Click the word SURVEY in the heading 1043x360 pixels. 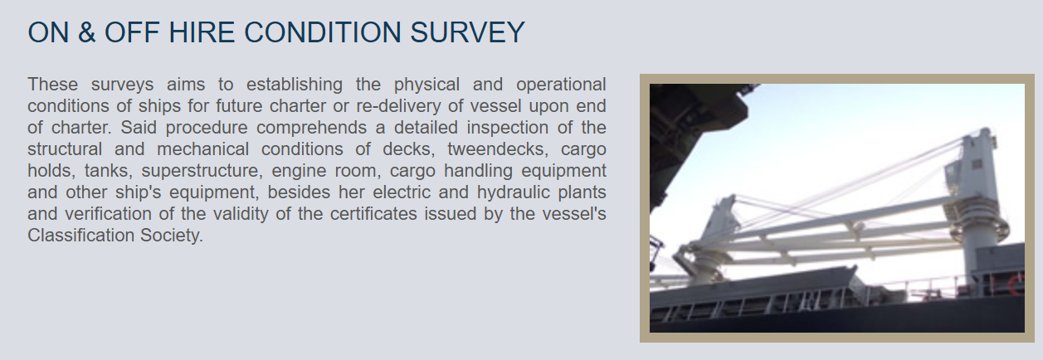(x=467, y=32)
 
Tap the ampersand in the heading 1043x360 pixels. (x=86, y=32)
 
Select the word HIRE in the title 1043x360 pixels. (x=202, y=32)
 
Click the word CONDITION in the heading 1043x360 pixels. (x=322, y=32)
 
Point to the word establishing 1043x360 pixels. (x=295, y=85)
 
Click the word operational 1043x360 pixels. (x=561, y=85)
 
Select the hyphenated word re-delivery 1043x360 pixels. (x=398, y=106)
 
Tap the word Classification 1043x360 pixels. (x=80, y=236)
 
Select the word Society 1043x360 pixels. (x=172, y=236)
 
